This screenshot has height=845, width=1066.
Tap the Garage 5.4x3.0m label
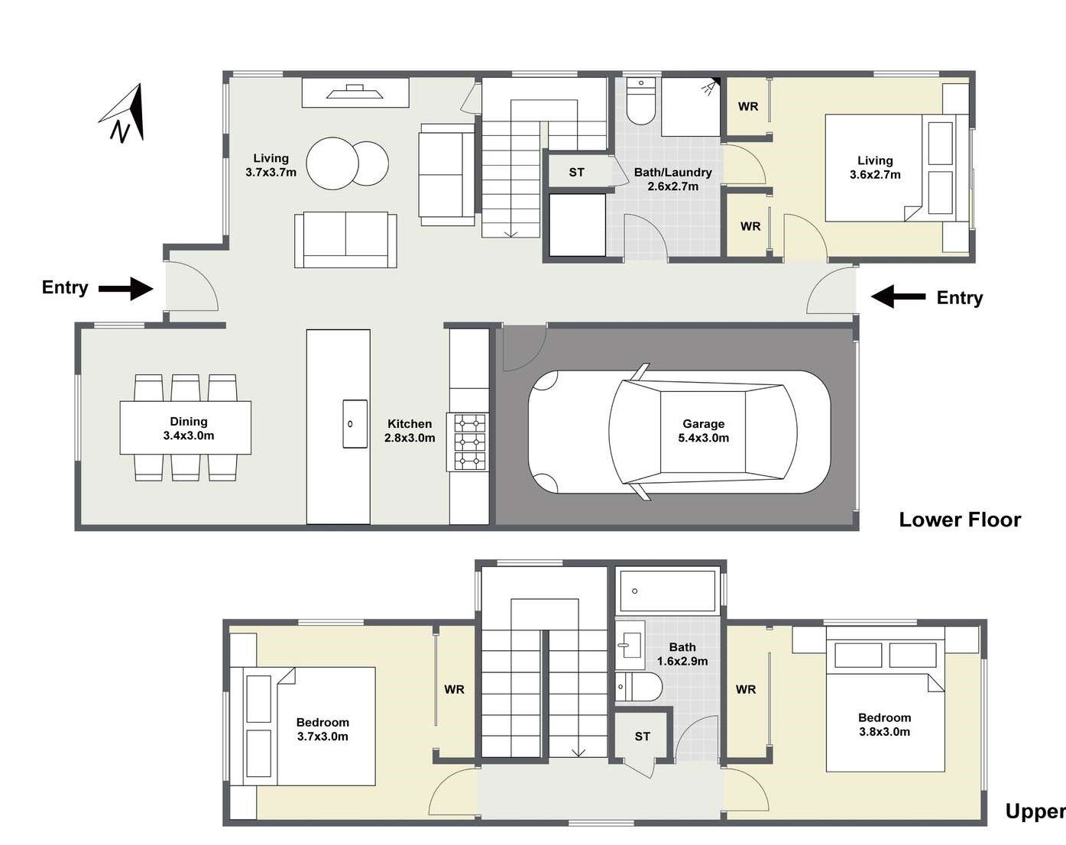coord(703,430)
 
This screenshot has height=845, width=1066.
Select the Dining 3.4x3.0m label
coord(189,429)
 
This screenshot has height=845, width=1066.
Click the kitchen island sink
coord(355,424)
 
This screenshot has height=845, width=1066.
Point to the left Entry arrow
coord(126,288)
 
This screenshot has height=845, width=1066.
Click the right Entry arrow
coord(898,297)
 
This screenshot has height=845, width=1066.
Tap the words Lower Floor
coord(960,520)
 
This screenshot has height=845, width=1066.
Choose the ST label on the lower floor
coord(576,172)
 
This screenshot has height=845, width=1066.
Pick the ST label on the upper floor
coord(642,737)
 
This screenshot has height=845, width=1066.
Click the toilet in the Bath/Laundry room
coord(641,101)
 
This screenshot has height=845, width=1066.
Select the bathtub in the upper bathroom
coord(668,591)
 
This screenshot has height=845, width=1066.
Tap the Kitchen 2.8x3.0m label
coord(410,430)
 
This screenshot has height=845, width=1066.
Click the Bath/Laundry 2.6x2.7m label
coord(672,179)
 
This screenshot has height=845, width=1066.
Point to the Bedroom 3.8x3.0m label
coord(884,724)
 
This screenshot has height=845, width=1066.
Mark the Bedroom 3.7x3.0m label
coord(322,729)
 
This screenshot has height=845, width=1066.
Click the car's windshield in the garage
coord(636,431)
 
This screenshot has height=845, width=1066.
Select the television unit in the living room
coord(355,92)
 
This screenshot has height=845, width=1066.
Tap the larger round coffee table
coord(332,163)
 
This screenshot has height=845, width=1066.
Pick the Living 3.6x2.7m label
coord(875,167)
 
